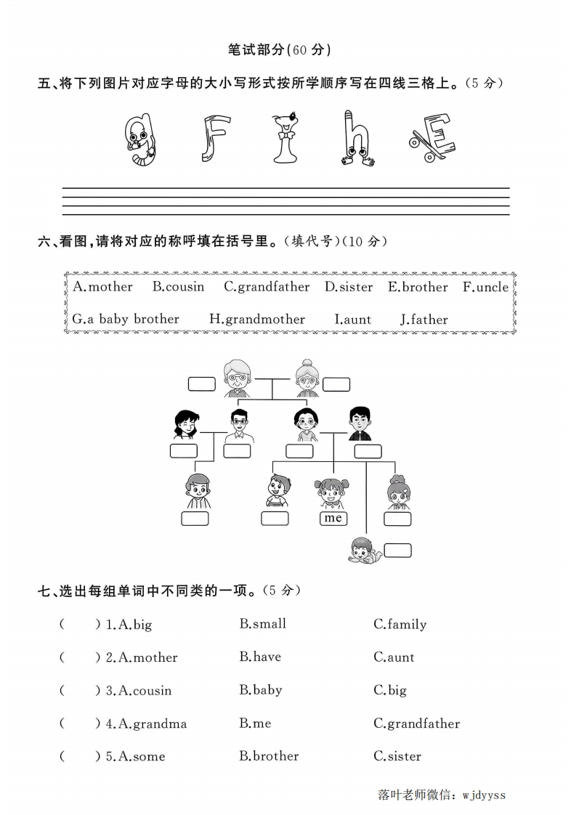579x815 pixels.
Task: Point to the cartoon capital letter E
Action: (432, 137)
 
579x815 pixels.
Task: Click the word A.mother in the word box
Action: (102, 287)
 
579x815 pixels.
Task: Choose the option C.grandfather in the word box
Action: (266, 287)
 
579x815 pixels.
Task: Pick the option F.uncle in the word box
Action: (485, 287)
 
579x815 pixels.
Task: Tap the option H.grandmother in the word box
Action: (257, 320)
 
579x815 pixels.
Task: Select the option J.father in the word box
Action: (424, 320)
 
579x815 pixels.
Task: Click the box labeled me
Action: (333, 518)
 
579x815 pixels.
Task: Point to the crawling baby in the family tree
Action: (361, 548)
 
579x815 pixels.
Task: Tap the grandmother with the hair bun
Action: (307, 378)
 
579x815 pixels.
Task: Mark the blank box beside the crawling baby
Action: (397, 550)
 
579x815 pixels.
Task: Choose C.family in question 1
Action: (400, 625)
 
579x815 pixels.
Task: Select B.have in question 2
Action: (260, 657)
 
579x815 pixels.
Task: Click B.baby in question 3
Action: (261, 690)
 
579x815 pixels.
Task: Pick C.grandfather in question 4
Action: (416, 723)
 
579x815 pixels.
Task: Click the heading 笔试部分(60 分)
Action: (279, 50)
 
